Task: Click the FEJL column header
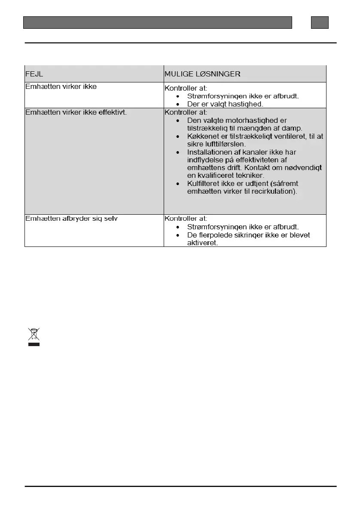pos(34,74)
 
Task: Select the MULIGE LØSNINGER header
pos(202,74)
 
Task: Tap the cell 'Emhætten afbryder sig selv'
pos(72,219)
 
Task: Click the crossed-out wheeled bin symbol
pos(34,337)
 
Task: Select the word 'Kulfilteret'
pos(205,183)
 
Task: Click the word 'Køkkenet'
pos(202,136)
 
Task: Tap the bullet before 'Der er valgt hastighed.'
pos(178,104)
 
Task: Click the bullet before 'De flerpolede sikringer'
pos(178,235)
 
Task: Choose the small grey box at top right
pos(320,22)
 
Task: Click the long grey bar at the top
pos(158,22)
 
